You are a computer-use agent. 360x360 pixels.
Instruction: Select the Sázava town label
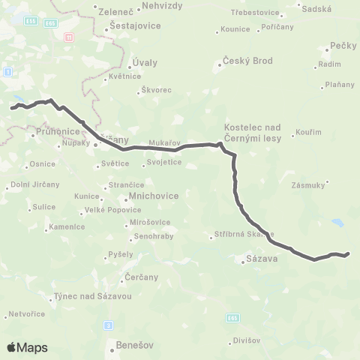262,260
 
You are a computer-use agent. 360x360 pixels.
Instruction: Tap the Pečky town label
343,46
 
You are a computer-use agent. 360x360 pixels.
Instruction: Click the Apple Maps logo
26,347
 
